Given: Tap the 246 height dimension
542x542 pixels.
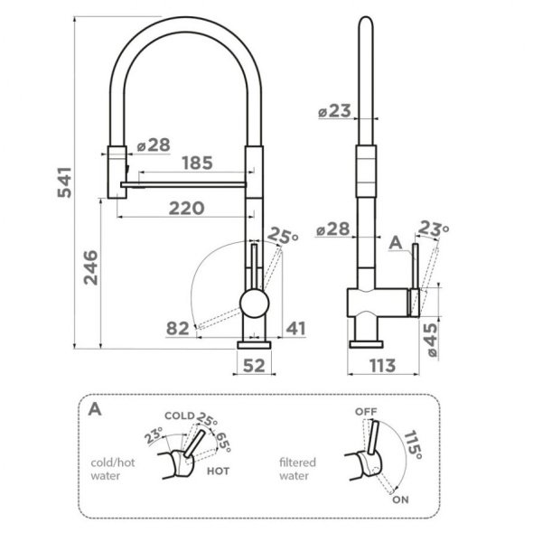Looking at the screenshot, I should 91,268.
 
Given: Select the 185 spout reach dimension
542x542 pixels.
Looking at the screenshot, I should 197,164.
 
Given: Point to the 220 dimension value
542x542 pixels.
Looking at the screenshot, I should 187,208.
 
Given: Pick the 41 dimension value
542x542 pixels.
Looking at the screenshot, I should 295,328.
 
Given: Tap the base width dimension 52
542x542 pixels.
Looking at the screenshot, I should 254,366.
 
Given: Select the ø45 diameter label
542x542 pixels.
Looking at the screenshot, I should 431,341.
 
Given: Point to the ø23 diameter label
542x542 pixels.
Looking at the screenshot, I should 334,112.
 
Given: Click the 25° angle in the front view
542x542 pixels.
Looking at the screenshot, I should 283,238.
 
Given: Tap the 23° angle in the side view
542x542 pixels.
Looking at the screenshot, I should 433,230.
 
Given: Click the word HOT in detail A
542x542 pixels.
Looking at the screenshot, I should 218,471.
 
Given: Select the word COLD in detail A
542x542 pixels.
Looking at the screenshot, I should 179,416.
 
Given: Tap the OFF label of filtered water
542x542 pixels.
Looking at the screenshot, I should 365,411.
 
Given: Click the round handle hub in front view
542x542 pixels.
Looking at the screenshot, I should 254,303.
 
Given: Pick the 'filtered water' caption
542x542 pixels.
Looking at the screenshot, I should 298,467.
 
